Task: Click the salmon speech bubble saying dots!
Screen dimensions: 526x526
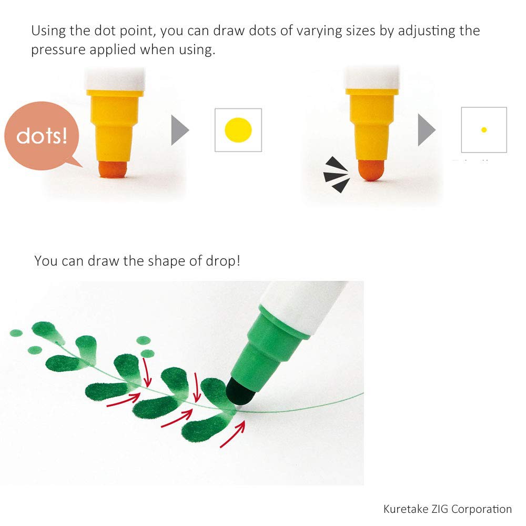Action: pyautogui.click(x=42, y=136)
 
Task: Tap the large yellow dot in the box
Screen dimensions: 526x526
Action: pyautogui.click(x=238, y=130)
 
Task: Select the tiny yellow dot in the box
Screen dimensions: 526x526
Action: pyautogui.click(x=484, y=130)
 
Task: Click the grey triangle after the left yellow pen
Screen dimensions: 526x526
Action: pyautogui.click(x=180, y=130)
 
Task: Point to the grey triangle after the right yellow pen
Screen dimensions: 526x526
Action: pyautogui.click(x=427, y=130)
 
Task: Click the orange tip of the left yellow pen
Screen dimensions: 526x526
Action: pyautogui.click(x=113, y=169)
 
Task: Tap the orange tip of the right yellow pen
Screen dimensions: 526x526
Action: pyautogui.click(x=371, y=170)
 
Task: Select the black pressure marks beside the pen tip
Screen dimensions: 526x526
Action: pyautogui.click(x=337, y=175)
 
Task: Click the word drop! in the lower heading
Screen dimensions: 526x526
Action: pyautogui.click(x=222, y=261)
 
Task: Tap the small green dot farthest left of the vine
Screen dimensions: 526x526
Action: pyautogui.click(x=16, y=333)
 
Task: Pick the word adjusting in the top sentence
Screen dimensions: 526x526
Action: pyautogui.click(x=426, y=31)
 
